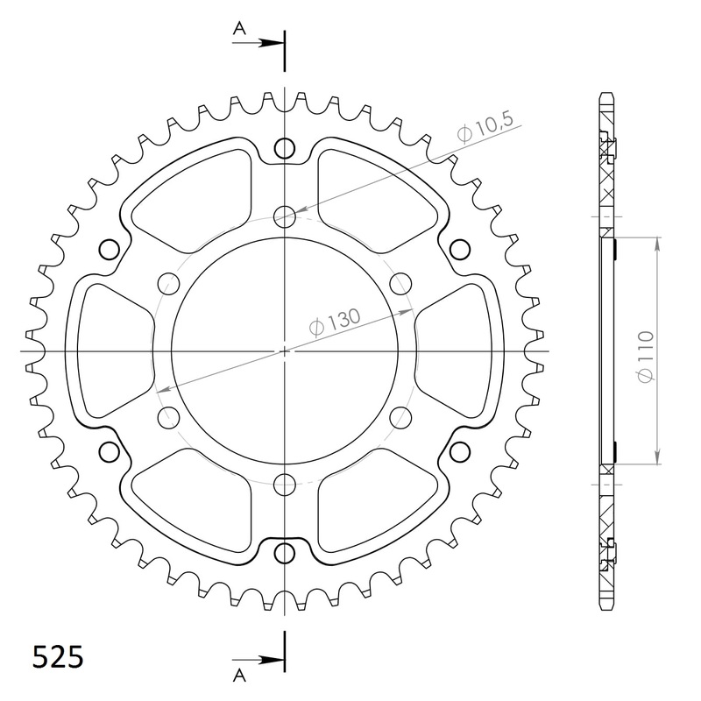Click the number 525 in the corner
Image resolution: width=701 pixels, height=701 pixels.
59,657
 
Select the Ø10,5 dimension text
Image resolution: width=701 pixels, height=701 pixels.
486,129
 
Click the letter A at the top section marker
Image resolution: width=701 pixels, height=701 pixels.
238,29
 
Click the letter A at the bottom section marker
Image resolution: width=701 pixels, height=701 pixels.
238,676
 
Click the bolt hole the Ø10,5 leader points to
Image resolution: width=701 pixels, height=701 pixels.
284,215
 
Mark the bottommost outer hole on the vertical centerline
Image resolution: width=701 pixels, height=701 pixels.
284,553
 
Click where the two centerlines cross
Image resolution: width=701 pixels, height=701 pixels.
284,351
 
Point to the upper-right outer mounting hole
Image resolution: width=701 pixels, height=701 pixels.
458,250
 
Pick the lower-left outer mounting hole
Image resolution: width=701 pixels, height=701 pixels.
110,451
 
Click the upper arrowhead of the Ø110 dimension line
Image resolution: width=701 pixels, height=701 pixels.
657,243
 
